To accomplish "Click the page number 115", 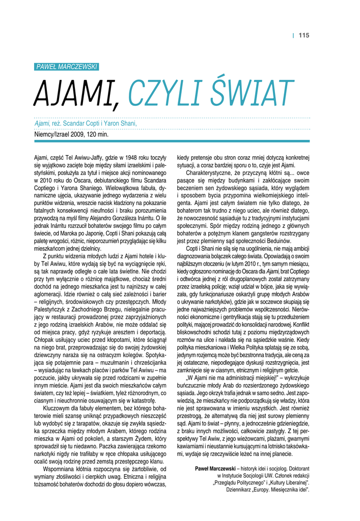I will pyautogui.click(x=304, y=35).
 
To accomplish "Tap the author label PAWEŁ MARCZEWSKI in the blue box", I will pyautogui.click(x=67, y=67).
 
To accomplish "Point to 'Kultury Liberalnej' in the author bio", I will pyautogui.click(x=289, y=482).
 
